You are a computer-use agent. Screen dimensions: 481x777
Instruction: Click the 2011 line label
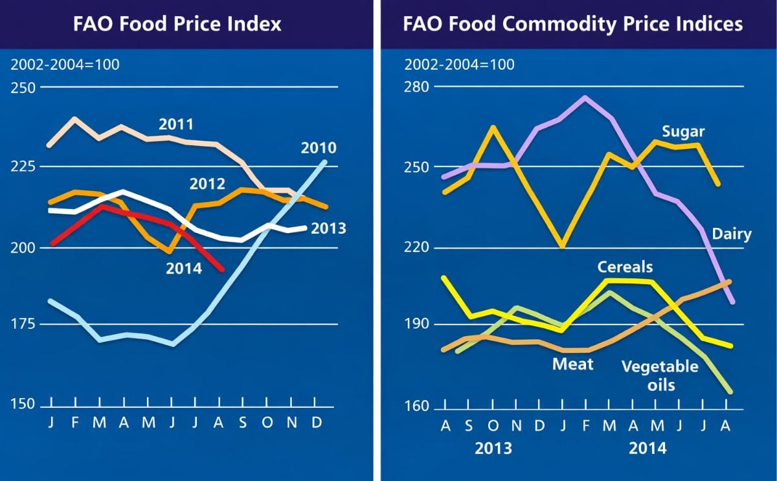[x=176, y=124]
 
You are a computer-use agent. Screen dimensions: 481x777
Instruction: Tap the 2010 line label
[x=318, y=148]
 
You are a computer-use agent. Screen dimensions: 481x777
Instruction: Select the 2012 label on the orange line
[x=207, y=184]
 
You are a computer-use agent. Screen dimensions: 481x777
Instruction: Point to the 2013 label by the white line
[x=328, y=229]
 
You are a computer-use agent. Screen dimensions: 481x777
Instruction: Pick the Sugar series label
[x=682, y=132]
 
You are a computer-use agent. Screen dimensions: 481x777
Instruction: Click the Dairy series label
[x=732, y=234]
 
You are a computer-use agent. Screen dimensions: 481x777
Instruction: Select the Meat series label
[x=572, y=364]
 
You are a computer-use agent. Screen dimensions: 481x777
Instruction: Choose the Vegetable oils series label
[x=659, y=375]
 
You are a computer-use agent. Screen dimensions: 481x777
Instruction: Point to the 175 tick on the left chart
[x=23, y=324]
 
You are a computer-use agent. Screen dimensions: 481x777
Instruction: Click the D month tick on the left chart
[x=316, y=423]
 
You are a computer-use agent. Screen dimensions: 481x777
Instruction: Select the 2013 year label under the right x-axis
[x=494, y=448]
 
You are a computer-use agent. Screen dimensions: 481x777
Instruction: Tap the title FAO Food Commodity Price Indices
[x=572, y=25]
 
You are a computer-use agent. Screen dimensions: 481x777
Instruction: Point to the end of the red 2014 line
[x=223, y=269]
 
